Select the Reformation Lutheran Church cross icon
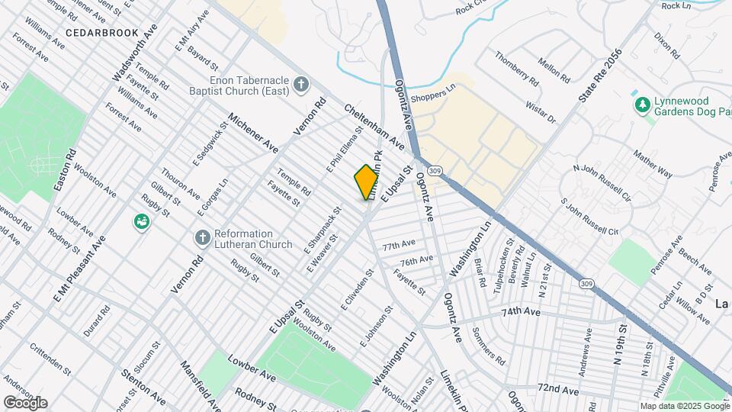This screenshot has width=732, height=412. pyautogui.click(x=203, y=238)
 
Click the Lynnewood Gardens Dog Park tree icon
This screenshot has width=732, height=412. pyautogui.click(x=642, y=104)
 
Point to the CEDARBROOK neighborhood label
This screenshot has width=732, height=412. pyautogui.click(x=101, y=33)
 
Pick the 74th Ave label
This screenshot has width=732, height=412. pyautogui.click(x=520, y=313)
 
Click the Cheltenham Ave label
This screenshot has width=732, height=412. pyautogui.click(x=373, y=127)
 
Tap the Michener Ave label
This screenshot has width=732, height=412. pyautogui.click(x=253, y=131)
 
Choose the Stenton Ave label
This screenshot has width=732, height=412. pyautogui.click(x=143, y=388)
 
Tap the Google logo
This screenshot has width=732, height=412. pyautogui.click(x=25, y=402)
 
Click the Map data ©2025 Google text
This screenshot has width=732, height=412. pyautogui.click(x=684, y=406)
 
